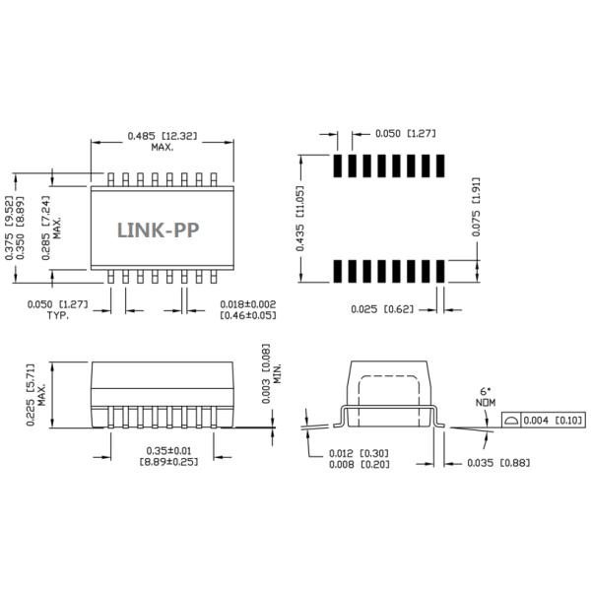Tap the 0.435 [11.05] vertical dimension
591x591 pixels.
pos(300,218)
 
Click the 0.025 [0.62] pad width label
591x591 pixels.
pos(383,309)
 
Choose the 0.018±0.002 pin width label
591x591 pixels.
pos(246,304)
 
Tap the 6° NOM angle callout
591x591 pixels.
pos(484,396)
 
